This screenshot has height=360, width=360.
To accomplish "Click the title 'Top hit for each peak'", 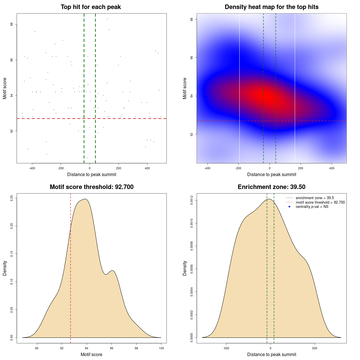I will (x=91, y=7).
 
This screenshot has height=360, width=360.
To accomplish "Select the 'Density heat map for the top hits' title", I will (x=271, y=7).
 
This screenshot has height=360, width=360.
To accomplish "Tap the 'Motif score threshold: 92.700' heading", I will (x=91, y=187).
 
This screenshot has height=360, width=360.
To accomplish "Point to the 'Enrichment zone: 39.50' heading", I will (x=271, y=187).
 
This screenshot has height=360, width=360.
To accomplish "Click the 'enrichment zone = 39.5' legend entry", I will (x=315, y=198).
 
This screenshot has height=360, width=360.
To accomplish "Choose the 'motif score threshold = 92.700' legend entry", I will (x=320, y=202).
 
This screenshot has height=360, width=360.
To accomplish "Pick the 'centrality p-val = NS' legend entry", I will (x=312, y=207).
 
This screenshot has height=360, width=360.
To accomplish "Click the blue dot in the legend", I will (x=289, y=207).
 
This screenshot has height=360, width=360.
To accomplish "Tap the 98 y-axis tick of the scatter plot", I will (x=12, y=24).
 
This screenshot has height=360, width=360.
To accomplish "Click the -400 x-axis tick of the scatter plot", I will (x=32, y=168).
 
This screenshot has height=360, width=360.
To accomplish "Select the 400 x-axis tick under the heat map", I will (x=332, y=168).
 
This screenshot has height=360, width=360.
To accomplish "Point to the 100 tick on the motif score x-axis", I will (x=161, y=348).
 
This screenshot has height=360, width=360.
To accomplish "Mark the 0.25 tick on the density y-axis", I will (x=12, y=198).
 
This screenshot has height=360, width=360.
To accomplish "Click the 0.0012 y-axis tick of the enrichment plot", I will (x=192, y=201).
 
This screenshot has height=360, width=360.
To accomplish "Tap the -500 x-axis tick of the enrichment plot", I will (x=226, y=348).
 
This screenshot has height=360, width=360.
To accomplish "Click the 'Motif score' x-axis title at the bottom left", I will (x=91, y=355).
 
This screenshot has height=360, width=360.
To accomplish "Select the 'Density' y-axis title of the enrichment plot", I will (x=185, y=268).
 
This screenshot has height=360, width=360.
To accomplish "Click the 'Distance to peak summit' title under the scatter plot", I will (x=92, y=175).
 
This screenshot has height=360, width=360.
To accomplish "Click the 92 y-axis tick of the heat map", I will (x=192, y=134).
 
